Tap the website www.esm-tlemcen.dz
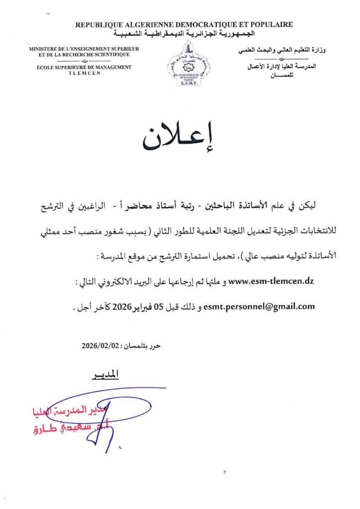[x=270, y=282]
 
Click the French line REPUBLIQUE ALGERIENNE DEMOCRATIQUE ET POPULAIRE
[x=184, y=24]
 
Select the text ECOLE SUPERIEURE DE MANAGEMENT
[x=84, y=67]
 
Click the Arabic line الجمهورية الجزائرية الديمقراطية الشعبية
[x=184, y=33]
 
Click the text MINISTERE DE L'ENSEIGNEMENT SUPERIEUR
[x=84, y=49]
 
